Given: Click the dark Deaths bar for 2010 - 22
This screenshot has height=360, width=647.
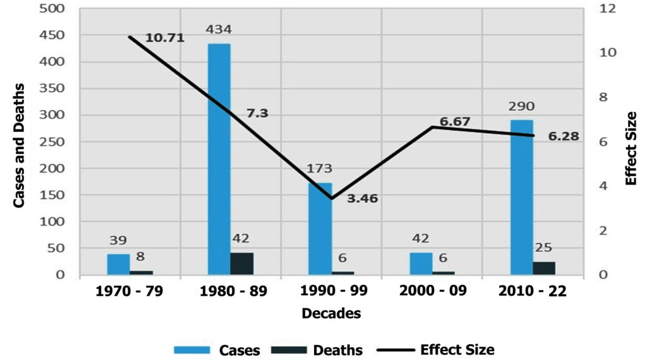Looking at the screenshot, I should tap(544, 268).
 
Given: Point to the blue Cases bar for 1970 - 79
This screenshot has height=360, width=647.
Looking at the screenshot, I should tap(118, 265).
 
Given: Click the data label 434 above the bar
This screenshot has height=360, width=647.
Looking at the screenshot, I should tap(219, 30).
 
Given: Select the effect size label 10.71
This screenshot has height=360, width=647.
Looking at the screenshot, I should tap(164, 38).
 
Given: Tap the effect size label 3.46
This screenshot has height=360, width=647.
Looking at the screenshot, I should tap(363, 198).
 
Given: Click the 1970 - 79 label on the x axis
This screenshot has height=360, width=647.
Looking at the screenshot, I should tap(130, 292).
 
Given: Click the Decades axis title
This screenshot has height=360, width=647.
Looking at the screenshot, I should tap(331, 313).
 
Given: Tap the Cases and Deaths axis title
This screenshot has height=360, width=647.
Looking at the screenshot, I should tap(19, 145).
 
